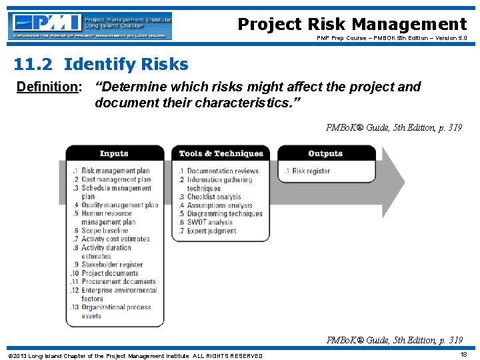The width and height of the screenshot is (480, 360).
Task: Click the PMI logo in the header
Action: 91,26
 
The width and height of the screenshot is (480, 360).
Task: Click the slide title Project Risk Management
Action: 352,25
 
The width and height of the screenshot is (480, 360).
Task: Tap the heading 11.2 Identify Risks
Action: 101,65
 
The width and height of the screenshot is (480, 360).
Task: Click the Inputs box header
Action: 114,153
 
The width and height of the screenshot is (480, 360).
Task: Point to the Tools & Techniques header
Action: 221,153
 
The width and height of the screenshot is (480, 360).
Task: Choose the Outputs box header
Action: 325,153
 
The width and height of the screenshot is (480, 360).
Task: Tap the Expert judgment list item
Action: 211,231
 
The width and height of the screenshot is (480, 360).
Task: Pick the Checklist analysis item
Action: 214,197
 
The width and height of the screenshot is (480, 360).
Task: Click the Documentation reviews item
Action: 223,171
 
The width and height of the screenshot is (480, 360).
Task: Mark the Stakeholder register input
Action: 112,265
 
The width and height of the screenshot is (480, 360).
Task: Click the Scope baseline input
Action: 105,231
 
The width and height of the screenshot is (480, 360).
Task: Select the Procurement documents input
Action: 118,281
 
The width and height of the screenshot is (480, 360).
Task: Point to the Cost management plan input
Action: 116,179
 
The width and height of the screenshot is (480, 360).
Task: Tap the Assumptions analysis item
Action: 219,205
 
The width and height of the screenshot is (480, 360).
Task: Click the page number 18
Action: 463,355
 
